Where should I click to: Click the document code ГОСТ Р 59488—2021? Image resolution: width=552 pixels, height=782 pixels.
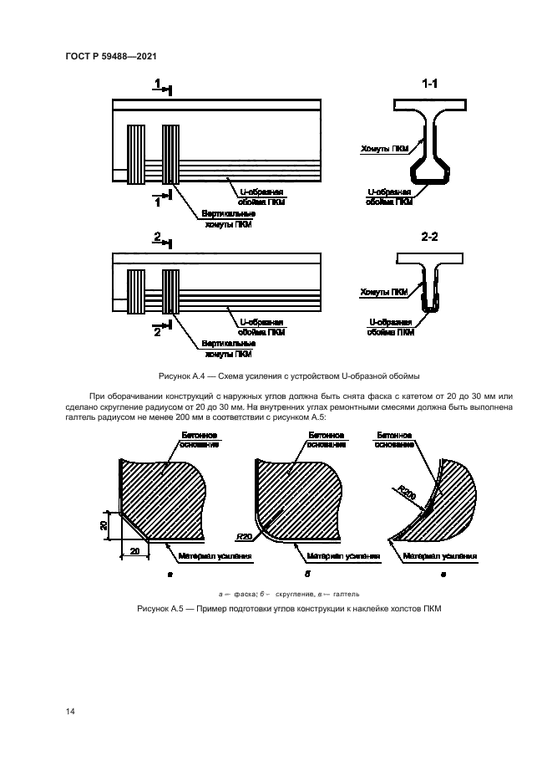pyautogui.click(x=111, y=56)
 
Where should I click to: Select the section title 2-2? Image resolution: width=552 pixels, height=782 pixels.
pyautogui.click(x=430, y=237)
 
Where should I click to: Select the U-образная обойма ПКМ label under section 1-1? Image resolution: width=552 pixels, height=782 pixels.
pyautogui.click(x=389, y=197)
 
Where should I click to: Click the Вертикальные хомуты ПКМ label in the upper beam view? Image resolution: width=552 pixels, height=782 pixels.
pyautogui.click(x=228, y=219)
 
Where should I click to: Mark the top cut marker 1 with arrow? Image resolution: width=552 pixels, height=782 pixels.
pyautogui.click(x=162, y=84)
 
